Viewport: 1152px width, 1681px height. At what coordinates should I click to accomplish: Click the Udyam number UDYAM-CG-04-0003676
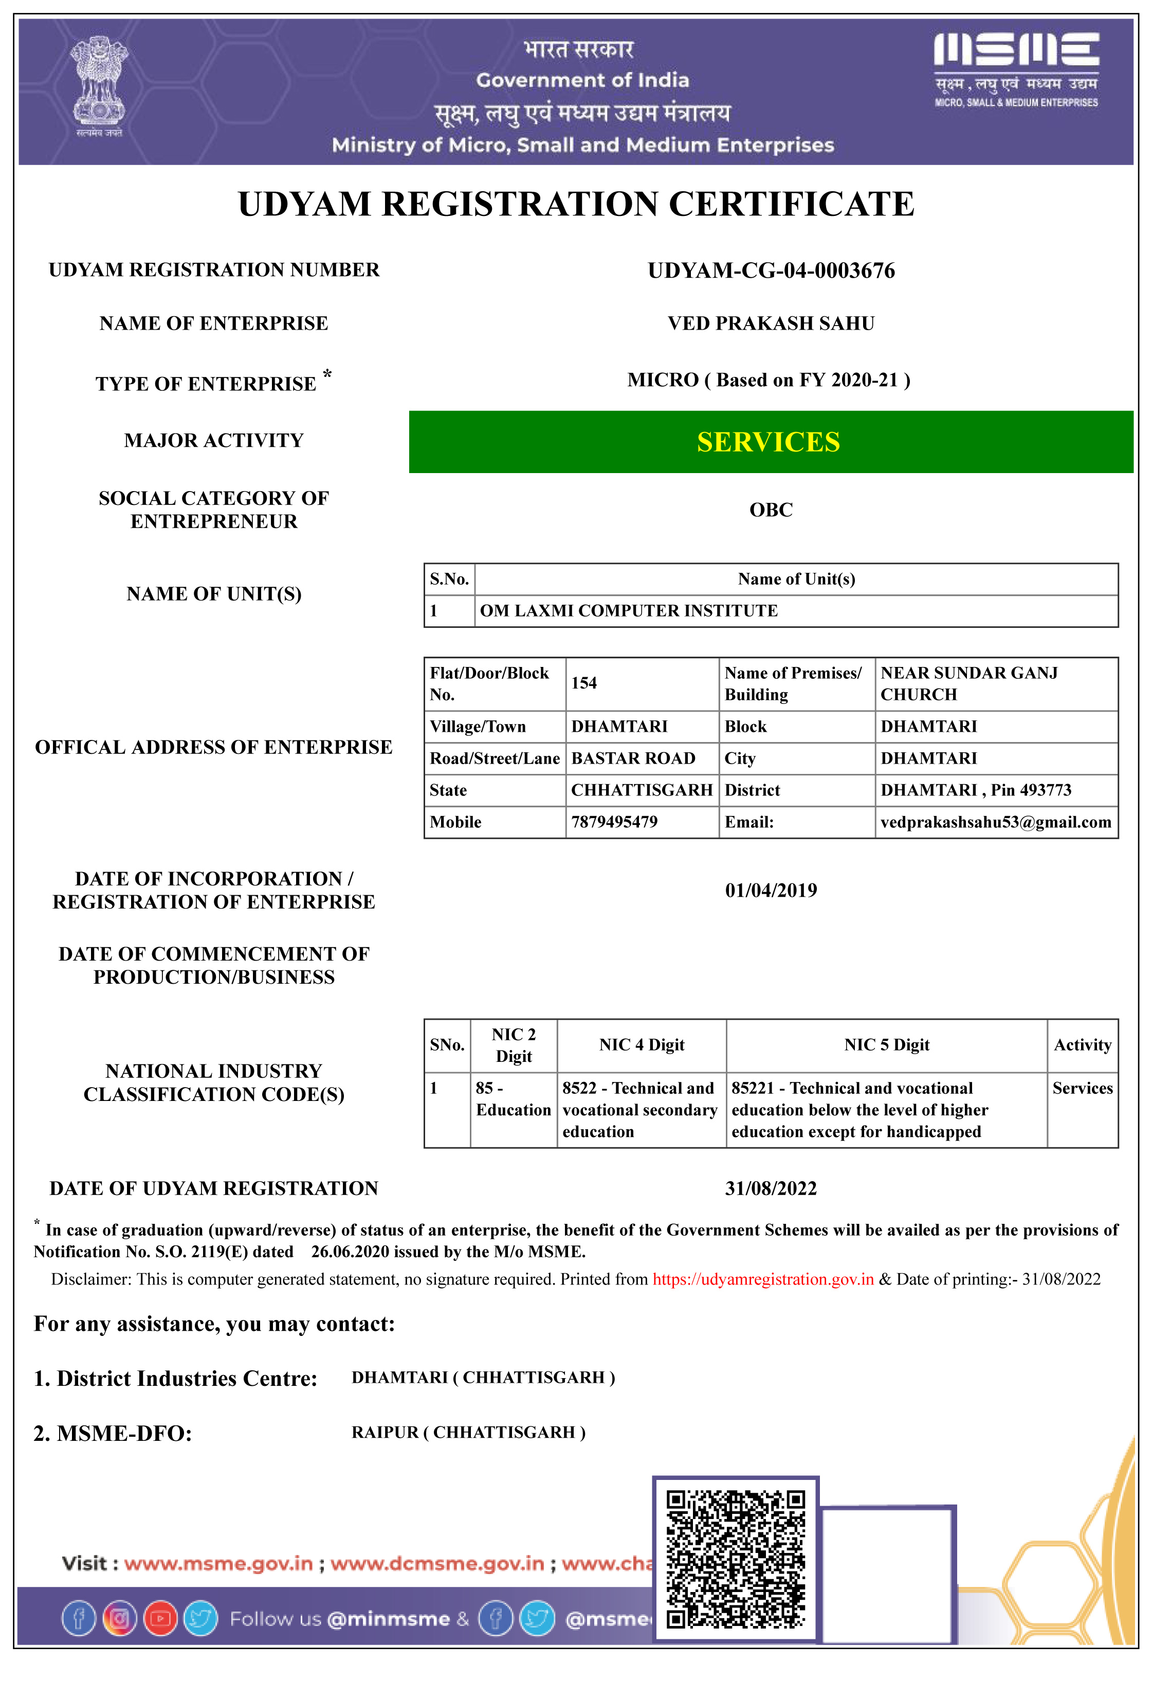(x=771, y=270)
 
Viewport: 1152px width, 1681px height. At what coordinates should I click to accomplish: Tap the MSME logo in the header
(x=1016, y=69)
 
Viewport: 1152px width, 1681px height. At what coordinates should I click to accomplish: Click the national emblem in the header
(x=99, y=83)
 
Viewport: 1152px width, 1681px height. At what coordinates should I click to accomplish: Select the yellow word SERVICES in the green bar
(x=769, y=442)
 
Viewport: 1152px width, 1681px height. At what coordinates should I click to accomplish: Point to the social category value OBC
(x=771, y=510)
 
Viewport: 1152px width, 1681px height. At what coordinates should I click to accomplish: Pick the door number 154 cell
(x=584, y=683)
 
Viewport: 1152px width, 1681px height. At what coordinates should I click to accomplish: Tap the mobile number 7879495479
(x=614, y=822)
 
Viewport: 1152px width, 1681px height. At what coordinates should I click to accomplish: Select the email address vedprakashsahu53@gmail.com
(x=995, y=822)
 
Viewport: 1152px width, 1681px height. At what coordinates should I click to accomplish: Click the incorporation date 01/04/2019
(x=771, y=891)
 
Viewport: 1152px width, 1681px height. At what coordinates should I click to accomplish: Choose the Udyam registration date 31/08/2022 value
(x=771, y=1188)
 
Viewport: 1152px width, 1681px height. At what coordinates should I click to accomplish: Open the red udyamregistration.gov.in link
(x=763, y=1279)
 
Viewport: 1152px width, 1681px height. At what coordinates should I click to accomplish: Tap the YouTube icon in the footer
(x=160, y=1619)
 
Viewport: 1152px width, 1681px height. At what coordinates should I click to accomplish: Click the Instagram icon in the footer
(x=120, y=1619)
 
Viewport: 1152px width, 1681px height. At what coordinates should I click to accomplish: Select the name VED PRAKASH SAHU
(x=771, y=323)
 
